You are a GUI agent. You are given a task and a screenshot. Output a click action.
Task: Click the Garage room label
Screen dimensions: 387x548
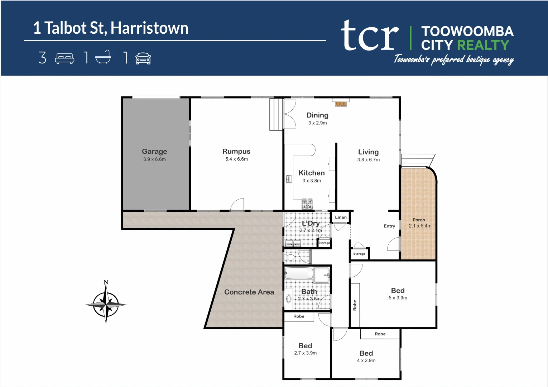tap(154, 152)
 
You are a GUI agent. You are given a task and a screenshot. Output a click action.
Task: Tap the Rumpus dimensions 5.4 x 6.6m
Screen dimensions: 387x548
tap(236, 159)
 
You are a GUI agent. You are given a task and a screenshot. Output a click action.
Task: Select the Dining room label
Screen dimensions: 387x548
tap(317, 115)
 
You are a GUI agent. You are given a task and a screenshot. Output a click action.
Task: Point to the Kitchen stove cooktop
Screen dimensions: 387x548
tap(307, 204)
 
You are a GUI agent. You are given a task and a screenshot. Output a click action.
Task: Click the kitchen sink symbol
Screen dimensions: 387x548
tap(289, 179)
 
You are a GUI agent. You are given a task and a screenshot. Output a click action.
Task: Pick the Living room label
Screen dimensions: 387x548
tap(368, 152)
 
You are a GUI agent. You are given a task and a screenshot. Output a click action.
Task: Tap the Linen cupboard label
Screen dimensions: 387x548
tap(341, 217)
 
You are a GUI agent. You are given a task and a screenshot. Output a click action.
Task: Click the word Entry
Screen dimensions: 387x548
tap(389, 226)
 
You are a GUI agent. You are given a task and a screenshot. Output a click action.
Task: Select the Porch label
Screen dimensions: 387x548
tap(419, 220)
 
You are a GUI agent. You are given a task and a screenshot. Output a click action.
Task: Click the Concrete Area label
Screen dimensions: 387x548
tap(249, 292)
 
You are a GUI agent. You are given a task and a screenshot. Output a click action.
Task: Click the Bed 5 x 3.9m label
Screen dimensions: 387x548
tap(398, 291)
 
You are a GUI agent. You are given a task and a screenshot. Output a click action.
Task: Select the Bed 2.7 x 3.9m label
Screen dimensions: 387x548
tap(305, 346)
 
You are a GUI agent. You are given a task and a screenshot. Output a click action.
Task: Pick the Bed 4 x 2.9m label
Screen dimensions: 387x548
tap(366, 353)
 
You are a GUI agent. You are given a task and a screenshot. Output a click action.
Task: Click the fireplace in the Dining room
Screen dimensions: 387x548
tap(341, 104)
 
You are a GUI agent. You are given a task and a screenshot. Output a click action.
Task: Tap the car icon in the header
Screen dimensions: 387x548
tap(143, 58)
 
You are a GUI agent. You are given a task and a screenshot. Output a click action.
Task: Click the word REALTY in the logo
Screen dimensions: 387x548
tap(483, 45)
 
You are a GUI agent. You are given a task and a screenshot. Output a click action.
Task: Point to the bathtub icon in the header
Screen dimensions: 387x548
tap(103, 58)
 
